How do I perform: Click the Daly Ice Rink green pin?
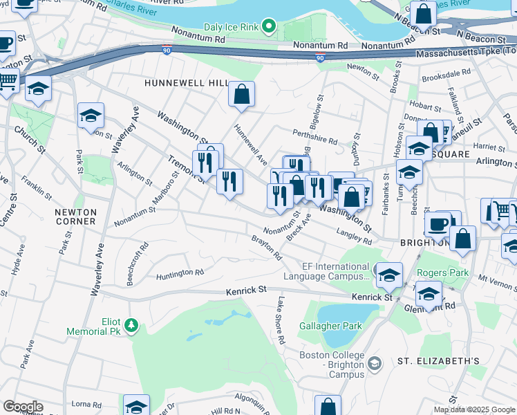(x=269, y=28)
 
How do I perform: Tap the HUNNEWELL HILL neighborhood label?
(x=186, y=83)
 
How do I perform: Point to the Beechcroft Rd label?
(x=135, y=264)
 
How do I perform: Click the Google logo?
(x=22, y=406)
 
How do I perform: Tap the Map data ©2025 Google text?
(x=475, y=409)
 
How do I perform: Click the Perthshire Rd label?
(x=314, y=136)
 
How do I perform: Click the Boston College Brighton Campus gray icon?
(x=375, y=363)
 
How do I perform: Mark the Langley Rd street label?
(x=354, y=237)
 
